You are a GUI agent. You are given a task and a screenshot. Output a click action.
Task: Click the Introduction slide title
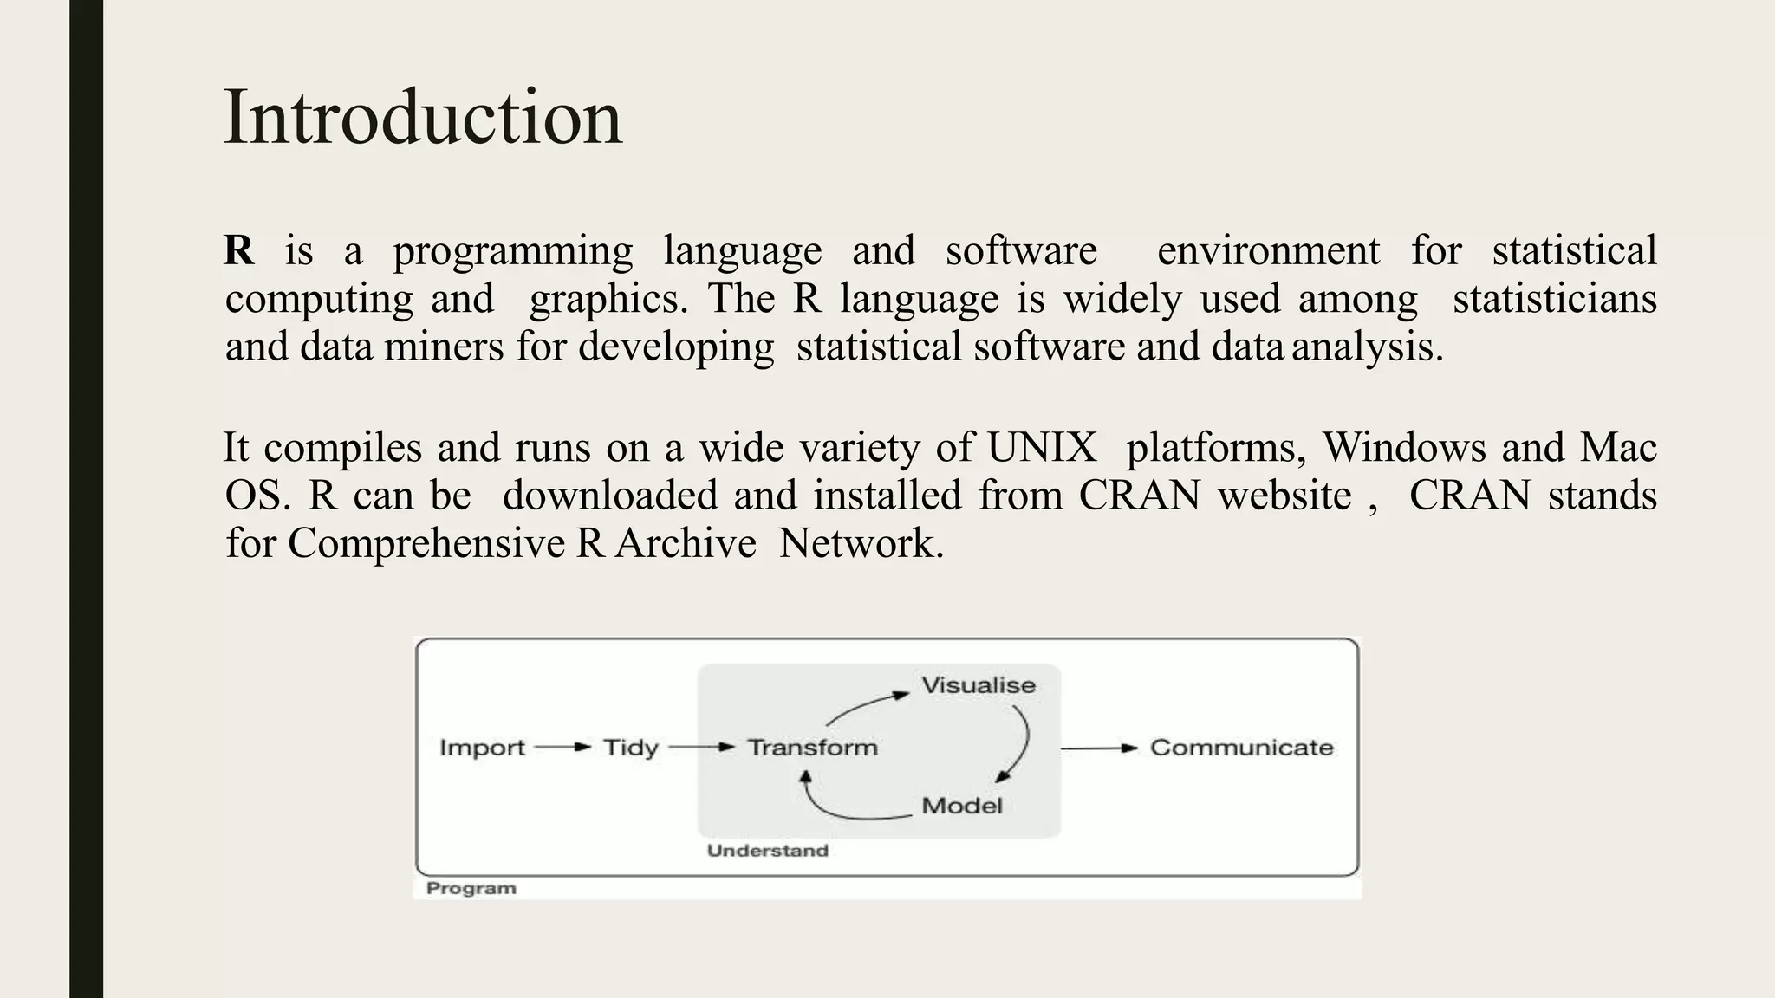[x=423, y=118]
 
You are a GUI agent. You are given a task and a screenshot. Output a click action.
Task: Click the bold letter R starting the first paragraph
[x=238, y=251]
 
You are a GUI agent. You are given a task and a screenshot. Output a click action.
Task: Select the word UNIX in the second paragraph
[x=1042, y=448]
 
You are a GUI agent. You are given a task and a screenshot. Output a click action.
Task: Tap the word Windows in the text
[x=1404, y=448]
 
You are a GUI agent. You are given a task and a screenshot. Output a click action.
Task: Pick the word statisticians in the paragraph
[x=1554, y=299]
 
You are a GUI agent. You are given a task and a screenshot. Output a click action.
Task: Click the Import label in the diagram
[x=482, y=748]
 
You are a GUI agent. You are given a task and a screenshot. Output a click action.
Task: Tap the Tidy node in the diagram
[x=630, y=748]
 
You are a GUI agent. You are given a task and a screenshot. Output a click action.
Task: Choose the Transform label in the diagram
[x=812, y=748]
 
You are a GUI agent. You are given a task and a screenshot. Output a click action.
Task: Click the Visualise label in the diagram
[x=978, y=685]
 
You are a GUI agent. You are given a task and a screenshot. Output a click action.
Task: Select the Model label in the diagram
[x=961, y=806]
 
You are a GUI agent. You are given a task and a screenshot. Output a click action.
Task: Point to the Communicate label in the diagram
[x=1241, y=748]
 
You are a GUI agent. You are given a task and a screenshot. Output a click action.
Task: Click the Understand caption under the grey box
[x=767, y=851]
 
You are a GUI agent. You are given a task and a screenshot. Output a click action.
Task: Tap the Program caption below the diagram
[x=471, y=889]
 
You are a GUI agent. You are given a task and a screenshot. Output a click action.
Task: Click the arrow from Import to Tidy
[x=562, y=748]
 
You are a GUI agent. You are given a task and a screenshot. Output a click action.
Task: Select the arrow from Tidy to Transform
[x=702, y=748]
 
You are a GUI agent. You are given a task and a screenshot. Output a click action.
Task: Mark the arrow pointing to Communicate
[x=1099, y=748]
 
